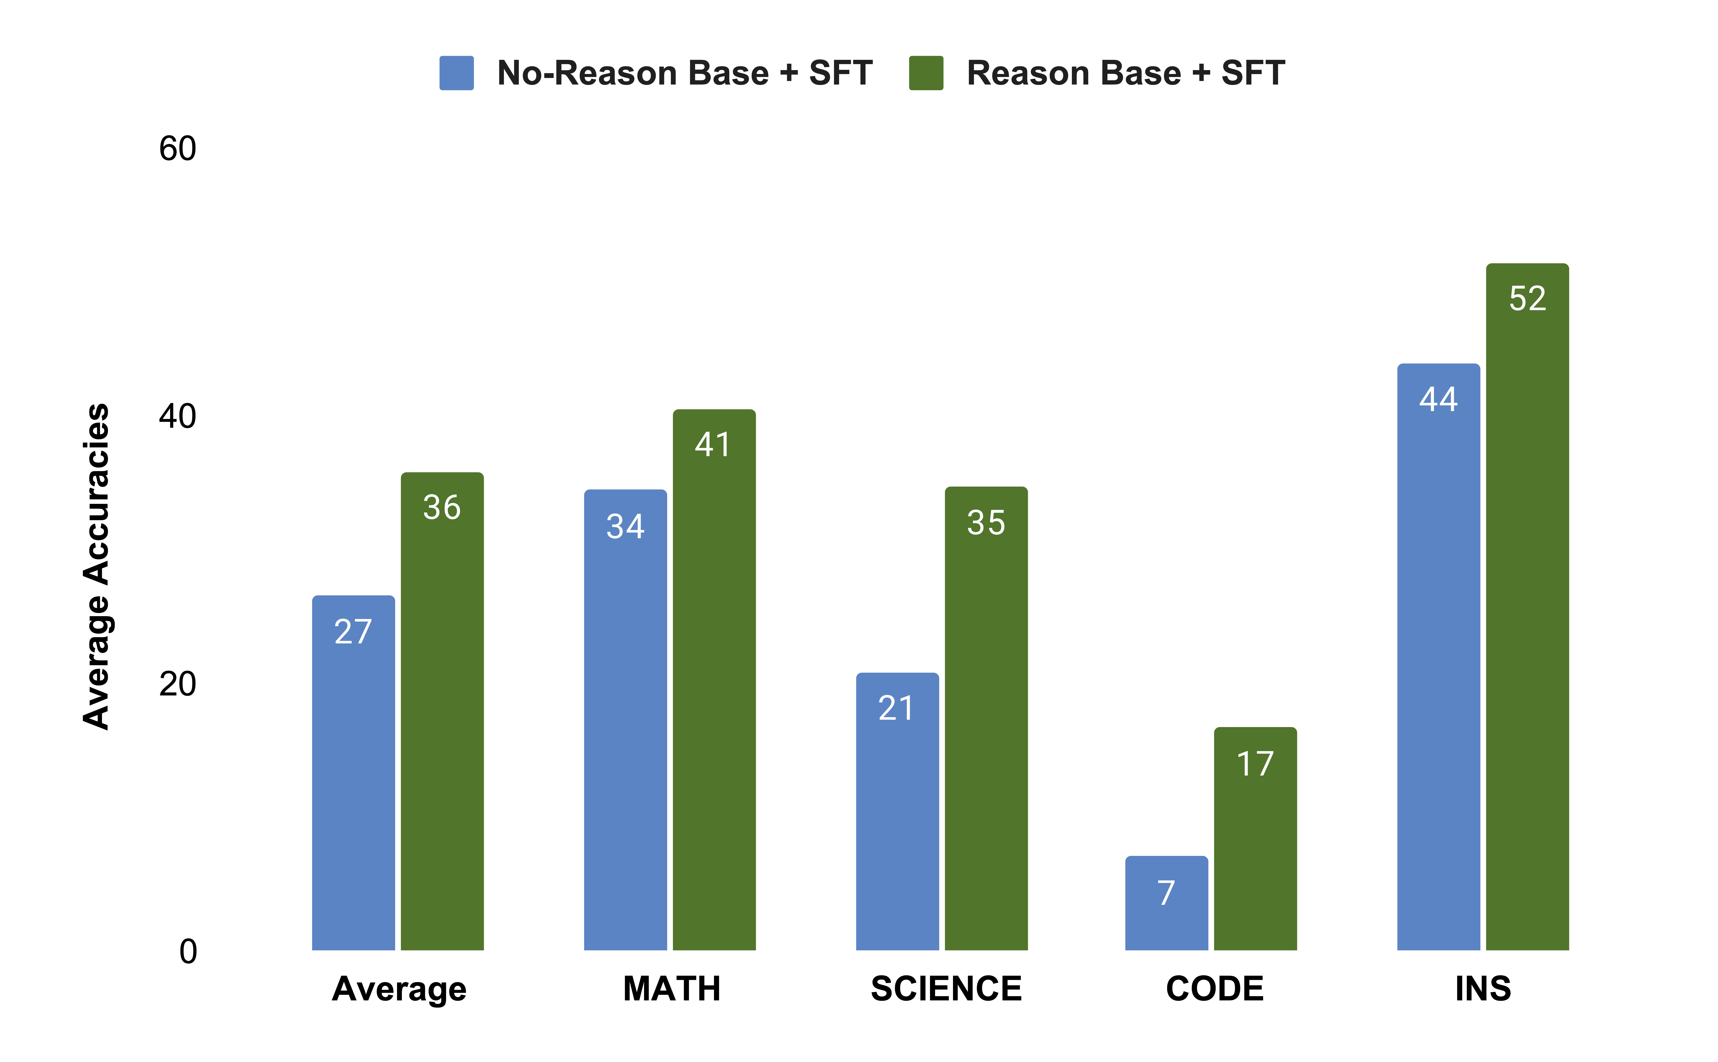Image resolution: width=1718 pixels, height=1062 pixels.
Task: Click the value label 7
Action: (1166, 893)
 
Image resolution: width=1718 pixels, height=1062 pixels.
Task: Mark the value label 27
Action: (353, 631)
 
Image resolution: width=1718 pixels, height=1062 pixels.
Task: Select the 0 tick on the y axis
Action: (187, 952)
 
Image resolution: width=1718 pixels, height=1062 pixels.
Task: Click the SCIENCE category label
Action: (946, 989)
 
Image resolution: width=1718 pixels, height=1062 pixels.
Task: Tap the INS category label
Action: (1483, 989)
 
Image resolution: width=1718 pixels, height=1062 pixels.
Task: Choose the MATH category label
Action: (671, 989)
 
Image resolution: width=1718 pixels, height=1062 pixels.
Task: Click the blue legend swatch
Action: (457, 73)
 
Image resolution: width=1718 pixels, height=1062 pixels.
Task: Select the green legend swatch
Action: (926, 73)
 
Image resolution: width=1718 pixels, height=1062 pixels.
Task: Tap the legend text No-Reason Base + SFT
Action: (685, 73)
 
